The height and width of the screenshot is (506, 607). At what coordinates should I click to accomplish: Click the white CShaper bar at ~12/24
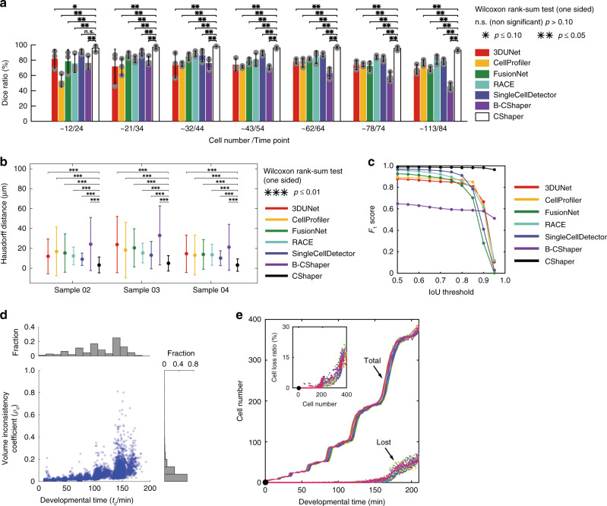pos(95,85)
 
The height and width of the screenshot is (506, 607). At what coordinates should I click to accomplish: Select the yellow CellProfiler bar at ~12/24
pos(62,101)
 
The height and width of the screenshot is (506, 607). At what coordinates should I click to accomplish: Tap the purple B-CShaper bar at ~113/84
pos(451,104)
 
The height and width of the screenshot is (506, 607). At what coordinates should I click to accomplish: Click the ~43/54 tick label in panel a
pos(253,128)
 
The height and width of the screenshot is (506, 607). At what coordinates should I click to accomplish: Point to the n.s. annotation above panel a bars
pos(89,32)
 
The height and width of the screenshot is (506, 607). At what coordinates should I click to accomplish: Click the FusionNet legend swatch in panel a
pos(482,74)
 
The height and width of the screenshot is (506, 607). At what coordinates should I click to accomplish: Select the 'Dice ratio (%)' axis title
pos(5,83)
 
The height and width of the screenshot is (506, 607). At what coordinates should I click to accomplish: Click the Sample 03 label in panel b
pos(141,290)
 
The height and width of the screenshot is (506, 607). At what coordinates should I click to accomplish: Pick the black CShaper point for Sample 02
pos(99,265)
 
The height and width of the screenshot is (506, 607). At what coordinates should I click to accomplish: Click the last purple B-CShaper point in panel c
pos(495,218)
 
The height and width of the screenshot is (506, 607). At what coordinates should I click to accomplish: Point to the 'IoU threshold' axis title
pos(451,292)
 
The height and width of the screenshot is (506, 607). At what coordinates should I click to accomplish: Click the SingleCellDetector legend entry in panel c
pos(561,237)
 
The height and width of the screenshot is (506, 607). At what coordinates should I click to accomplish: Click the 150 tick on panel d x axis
pos(123,489)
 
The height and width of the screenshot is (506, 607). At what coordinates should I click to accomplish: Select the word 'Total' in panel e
pos(372,360)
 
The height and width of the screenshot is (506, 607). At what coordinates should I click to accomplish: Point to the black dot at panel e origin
pos(265,482)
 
